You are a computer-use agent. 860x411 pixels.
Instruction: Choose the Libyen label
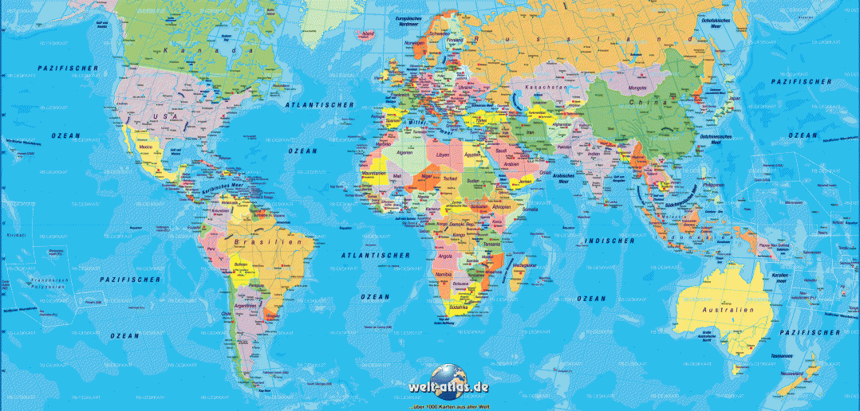point(443,155)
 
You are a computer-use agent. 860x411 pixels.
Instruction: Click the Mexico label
point(146,147)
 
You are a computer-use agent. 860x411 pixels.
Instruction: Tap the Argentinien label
point(246,306)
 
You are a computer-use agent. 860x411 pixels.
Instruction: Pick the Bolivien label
point(242,264)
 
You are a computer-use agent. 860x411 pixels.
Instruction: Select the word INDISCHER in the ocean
point(608,241)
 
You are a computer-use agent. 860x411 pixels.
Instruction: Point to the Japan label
point(735,99)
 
